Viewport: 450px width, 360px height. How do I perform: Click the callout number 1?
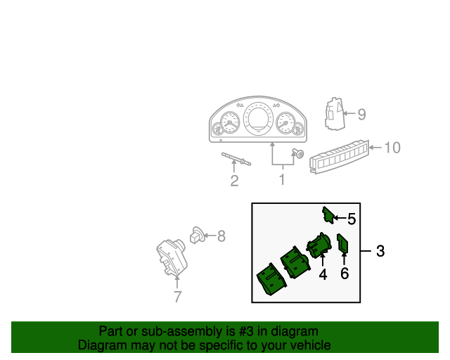tap(282, 180)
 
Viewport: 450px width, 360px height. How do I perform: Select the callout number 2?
tap(234, 181)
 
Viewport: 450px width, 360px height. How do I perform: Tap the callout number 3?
tap(380, 251)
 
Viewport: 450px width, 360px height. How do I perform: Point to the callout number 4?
tap(323, 275)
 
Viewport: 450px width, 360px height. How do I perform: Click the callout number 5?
tap(352, 219)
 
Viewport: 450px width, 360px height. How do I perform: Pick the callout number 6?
tap(345, 274)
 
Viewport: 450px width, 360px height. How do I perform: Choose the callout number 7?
tap(177, 297)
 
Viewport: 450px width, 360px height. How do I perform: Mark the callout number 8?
tap(221, 236)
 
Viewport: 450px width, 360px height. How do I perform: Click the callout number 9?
tap(361, 114)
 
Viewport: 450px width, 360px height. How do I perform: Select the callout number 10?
tap(392, 148)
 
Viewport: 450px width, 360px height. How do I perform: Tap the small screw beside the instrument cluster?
tap(298, 154)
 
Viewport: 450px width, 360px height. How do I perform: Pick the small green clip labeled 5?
tap(328, 214)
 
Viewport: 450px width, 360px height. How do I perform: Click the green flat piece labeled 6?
tap(342, 244)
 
